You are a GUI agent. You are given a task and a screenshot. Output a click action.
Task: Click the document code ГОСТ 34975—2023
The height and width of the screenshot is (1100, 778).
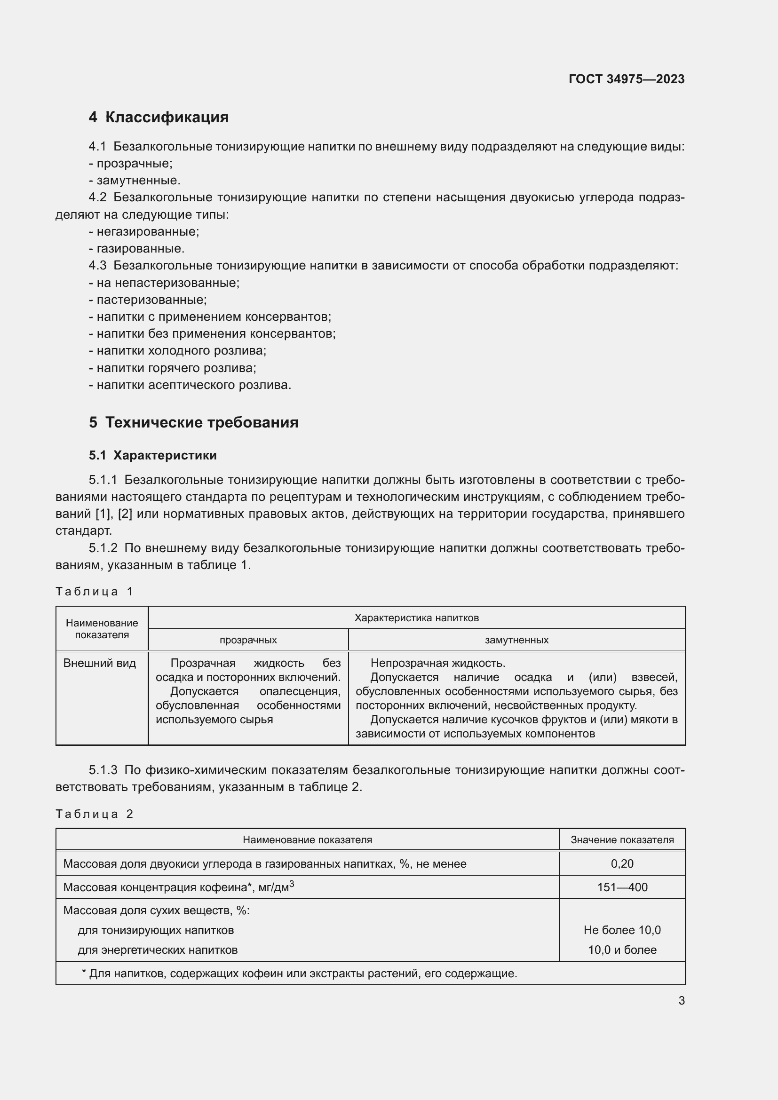626,79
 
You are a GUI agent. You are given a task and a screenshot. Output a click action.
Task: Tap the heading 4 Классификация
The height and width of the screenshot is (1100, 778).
159,118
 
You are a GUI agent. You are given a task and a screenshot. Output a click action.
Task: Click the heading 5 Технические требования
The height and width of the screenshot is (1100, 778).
193,423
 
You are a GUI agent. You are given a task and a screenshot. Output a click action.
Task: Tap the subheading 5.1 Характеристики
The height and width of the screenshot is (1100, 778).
152,456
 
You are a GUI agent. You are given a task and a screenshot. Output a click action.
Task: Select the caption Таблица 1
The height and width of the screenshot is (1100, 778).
94,592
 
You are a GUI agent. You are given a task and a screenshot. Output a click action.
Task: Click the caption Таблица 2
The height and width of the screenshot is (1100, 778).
94,814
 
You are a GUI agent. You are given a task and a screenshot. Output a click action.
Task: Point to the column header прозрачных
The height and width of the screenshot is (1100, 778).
248,640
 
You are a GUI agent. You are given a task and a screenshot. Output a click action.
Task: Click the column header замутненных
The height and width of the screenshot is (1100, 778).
516,640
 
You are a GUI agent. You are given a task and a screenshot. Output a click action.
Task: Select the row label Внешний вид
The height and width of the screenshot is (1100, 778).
100,663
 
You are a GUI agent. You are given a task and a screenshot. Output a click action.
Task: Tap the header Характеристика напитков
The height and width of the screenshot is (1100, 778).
416,618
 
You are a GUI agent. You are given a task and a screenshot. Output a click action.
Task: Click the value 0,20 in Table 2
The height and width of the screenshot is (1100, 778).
622,864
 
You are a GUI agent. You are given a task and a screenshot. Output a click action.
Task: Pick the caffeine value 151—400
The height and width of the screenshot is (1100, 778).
622,887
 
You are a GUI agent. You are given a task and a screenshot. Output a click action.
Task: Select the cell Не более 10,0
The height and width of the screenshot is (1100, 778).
622,930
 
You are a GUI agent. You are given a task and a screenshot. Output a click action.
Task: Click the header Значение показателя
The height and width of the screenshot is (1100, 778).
622,840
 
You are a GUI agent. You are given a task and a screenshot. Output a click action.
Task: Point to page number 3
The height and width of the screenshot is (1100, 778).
681,1000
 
